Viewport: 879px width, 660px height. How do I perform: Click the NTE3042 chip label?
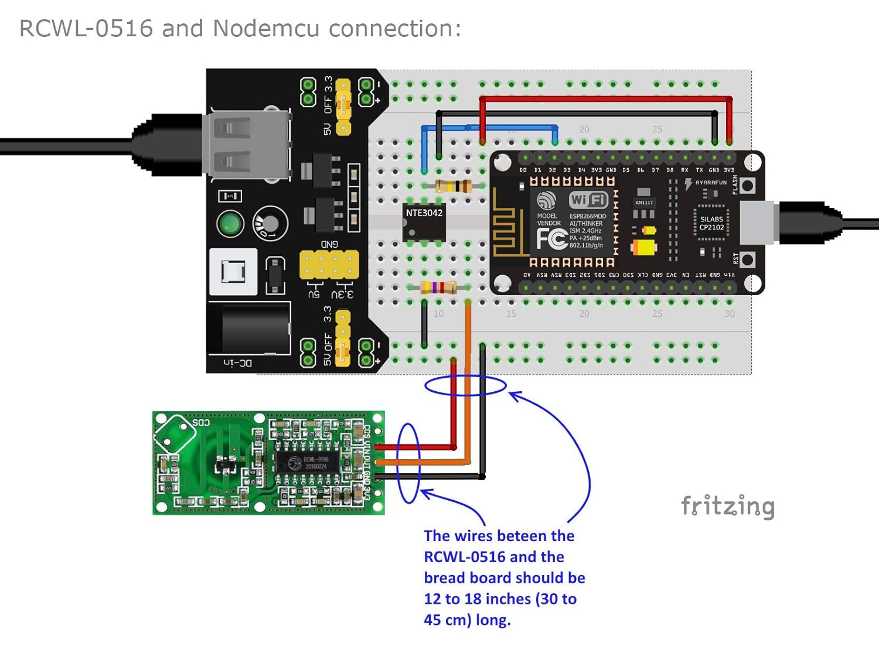(x=424, y=213)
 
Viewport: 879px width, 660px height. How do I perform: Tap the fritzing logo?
(x=728, y=506)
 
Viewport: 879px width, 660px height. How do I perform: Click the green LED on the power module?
(x=230, y=224)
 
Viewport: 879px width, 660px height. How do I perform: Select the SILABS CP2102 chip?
(x=711, y=224)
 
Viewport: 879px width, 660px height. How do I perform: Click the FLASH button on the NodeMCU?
(x=747, y=186)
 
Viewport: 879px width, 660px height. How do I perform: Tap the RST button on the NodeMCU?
(x=747, y=259)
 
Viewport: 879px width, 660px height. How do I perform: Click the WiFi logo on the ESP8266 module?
(x=589, y=200)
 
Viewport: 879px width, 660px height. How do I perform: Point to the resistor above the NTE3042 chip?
(x=454, y=186)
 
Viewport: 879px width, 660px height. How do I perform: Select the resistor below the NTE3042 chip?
(x=439, y=288)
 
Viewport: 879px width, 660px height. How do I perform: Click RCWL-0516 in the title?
(x=86, y=28)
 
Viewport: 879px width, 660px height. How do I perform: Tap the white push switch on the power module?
(x=233, y=272)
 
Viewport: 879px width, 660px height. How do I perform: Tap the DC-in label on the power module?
(x=238, y=364)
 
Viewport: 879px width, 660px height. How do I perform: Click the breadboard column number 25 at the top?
(x=657, y=129)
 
